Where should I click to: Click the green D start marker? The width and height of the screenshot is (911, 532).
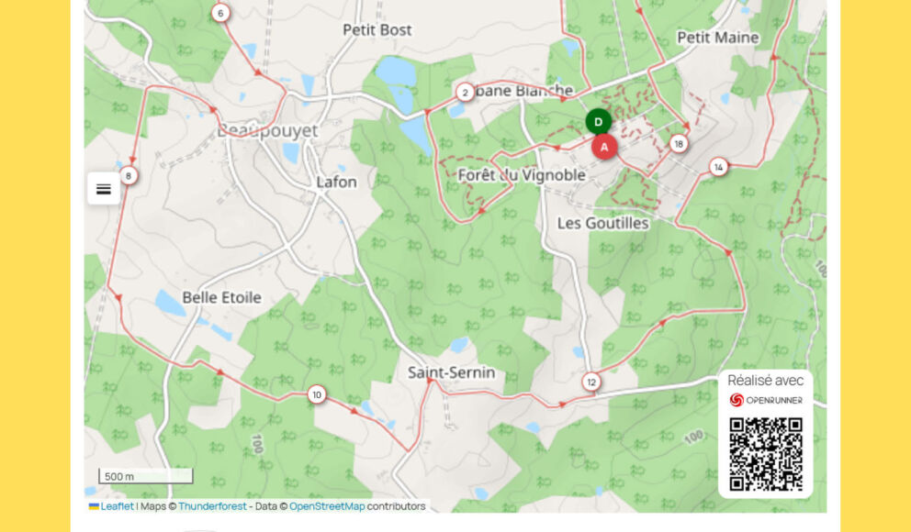click(599, 122)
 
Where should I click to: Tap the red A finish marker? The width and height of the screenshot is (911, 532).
click(604, 147)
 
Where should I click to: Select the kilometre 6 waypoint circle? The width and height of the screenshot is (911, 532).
click(220, 13)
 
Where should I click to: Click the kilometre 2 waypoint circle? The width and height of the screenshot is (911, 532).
click(466, 92)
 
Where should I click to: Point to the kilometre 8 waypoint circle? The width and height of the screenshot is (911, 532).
click(129, 175)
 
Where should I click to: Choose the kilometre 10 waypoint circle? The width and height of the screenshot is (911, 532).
click(317, 394)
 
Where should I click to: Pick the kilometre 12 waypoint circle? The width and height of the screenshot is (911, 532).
click(591, 382)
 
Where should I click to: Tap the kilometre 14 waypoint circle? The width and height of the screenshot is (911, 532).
click(718, 166)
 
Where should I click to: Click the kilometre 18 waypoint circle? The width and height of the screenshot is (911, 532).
click(679, 143)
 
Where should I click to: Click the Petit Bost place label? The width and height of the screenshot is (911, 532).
click(377, 30)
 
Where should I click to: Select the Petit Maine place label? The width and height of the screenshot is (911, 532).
click(718, 38)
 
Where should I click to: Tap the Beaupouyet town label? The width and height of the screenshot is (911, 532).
click(267, 131)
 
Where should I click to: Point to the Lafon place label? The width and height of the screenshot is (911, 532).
click(336, 182)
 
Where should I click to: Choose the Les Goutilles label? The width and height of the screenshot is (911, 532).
click(603, 223)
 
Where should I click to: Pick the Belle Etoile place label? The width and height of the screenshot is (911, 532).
click(221, 297)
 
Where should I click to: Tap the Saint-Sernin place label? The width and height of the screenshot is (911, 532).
click(452, 372)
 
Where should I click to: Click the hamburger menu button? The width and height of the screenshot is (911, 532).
click(104, 189)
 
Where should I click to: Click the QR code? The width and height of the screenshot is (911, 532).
click(766, 454)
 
